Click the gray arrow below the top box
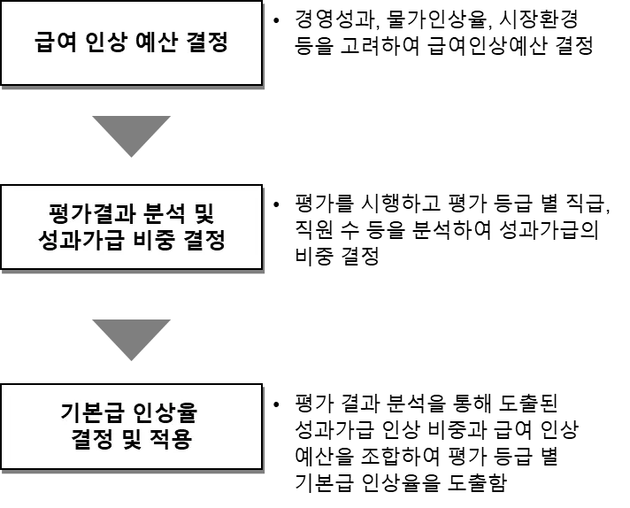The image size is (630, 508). [132, 135]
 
